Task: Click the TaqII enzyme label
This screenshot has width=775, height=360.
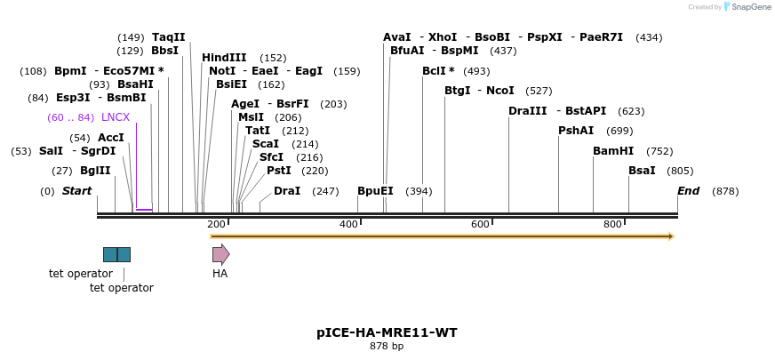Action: [x=169, y=37]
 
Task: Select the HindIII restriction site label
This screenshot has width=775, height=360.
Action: [x=224, y=58]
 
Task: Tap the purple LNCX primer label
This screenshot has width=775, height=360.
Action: [x=116, y=117]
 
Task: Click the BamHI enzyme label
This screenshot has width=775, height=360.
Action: [x=613, y=151]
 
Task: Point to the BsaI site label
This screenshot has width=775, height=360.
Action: [x=642, y=171]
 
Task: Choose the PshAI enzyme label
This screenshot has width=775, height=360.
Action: [x=576, y=131]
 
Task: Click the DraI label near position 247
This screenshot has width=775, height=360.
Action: [x=287, y=191]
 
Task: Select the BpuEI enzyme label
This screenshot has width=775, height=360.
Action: [x=375, y=191]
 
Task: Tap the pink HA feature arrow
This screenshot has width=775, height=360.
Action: [x=220, y=254]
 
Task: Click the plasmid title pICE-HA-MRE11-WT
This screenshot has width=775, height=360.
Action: [x=387, y=333]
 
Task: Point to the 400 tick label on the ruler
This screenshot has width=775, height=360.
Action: [x=348, y=224]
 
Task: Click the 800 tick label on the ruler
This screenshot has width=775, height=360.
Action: [x=612, y=224]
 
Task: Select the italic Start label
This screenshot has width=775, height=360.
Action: [x=76, y=191]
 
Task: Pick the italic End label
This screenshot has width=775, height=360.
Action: [x=688, y=191]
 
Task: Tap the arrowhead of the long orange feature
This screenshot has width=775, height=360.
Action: [x=670, y=236]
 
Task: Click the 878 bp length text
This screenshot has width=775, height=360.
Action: [x=387, y=347]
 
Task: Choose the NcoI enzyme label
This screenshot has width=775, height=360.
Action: [x=500, y=91]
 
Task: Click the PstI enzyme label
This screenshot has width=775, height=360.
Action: [x=279, y=171]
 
